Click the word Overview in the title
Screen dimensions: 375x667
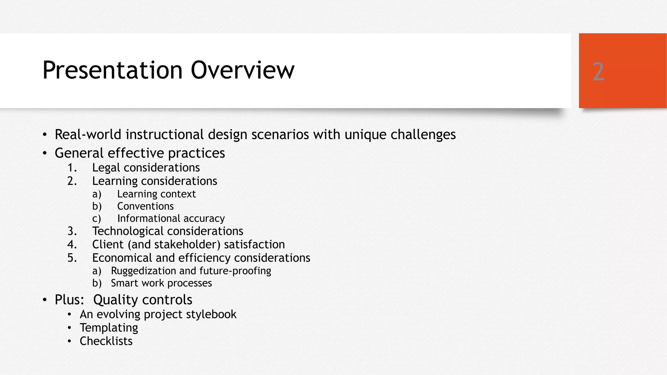coord(242,70)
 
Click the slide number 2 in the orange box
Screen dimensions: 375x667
coord(598,72)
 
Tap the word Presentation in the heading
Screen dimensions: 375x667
coord(112,70)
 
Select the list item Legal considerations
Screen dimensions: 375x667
coord(146,168)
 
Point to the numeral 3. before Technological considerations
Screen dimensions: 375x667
coord(72,231)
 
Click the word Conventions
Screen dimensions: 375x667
coord(145,206)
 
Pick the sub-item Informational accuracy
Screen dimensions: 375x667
coord(171,218)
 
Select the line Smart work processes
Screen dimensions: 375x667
coord(161,283)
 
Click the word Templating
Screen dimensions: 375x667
coord(109,328)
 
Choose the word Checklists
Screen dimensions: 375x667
coord(106,341)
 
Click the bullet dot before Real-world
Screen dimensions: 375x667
coord(45,135)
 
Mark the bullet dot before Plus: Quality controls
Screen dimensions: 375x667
coord(45,300)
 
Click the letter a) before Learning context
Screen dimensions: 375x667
coord(97,194)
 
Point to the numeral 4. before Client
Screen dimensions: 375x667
coord(72,244)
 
